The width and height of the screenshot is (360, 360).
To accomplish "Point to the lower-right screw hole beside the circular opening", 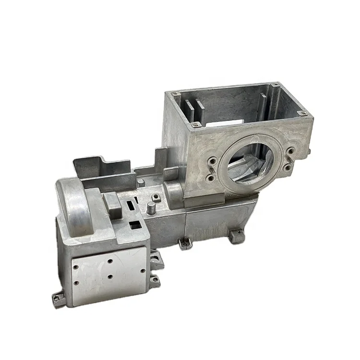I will pos(287,168).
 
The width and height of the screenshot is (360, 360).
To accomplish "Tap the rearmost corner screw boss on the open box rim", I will pos(275,85).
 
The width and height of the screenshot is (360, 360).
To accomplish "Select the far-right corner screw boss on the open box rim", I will pos(302,113).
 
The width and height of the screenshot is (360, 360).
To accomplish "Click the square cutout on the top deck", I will pos(135,224).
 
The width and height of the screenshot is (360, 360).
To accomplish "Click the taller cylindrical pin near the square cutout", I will pos(151,209).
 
